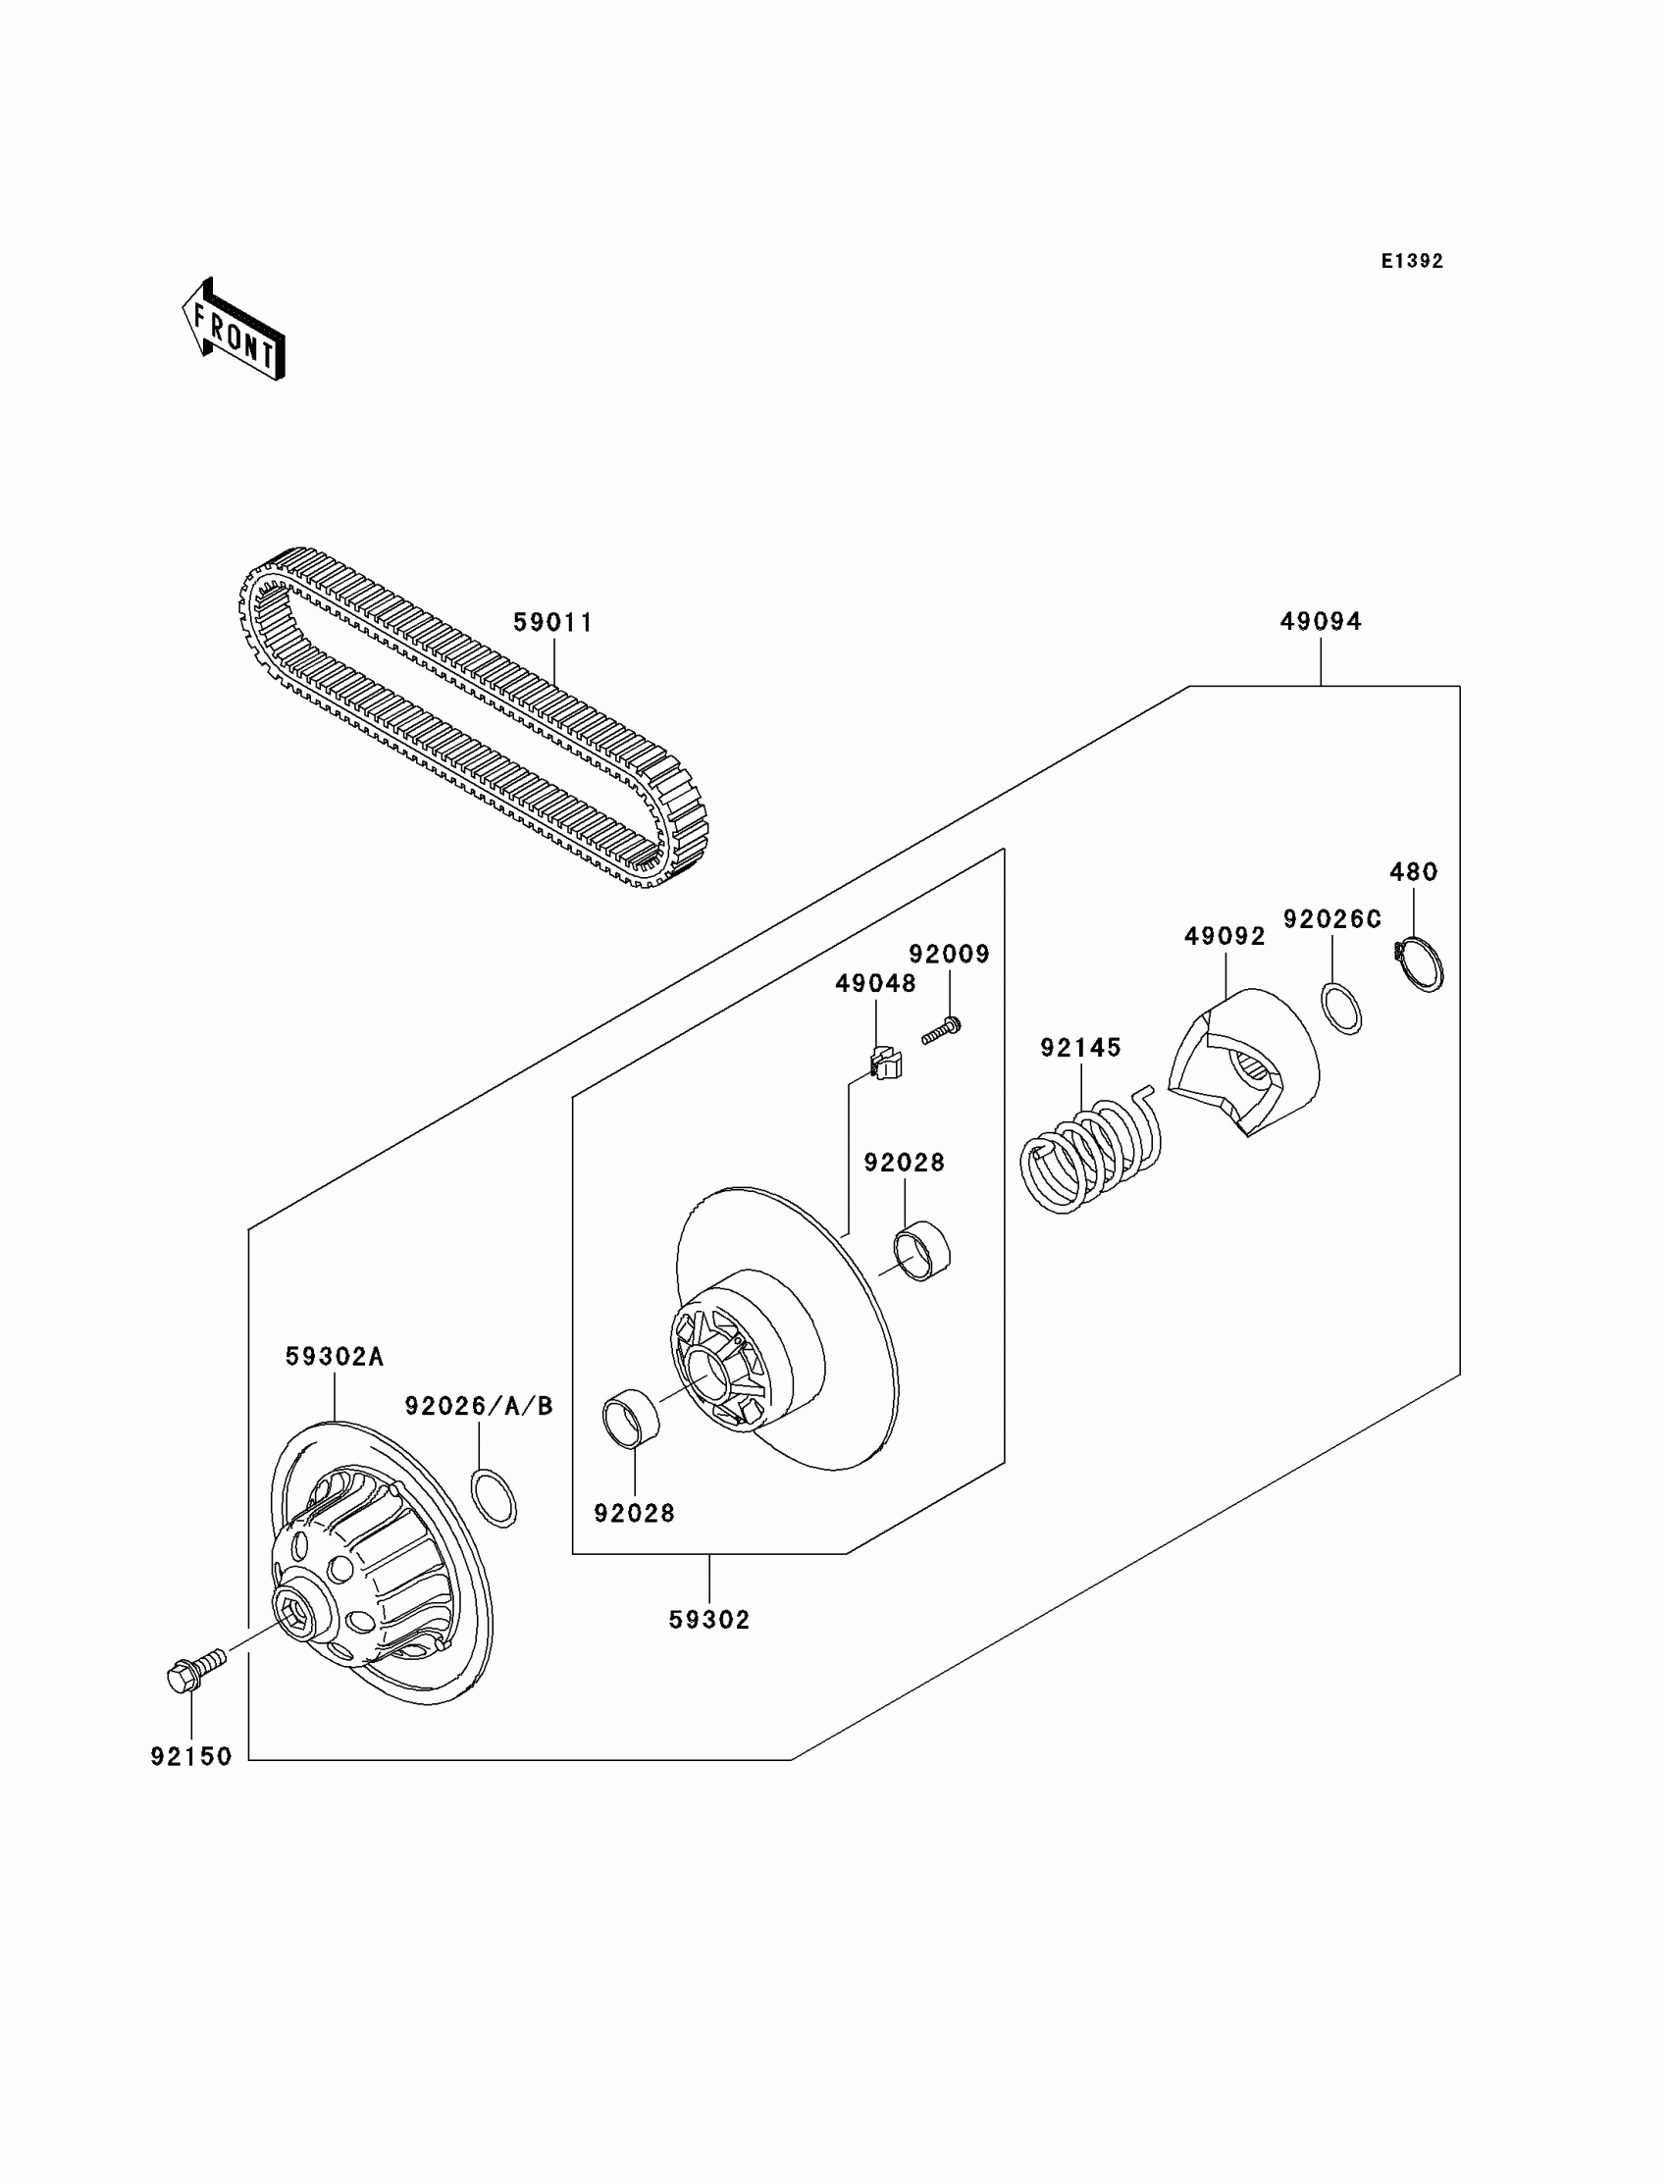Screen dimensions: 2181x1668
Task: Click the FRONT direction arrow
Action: point(235,331)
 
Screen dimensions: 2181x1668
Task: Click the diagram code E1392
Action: point(1412,261)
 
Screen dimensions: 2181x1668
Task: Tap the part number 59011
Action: point(553,622)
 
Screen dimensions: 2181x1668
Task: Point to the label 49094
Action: point(1321,621)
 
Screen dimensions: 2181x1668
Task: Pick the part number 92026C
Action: point(1332,920)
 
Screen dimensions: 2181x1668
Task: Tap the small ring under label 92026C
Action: point(1341,1009)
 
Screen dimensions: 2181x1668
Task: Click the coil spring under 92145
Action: point(1090,1151)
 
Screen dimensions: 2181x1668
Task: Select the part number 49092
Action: point(1225,936)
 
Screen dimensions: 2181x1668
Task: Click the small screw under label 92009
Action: point(940,1030)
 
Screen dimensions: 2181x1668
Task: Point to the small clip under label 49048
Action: point(885,1065)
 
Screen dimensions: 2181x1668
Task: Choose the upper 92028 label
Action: point(904,1163)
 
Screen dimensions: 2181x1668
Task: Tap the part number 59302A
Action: point(334,1356)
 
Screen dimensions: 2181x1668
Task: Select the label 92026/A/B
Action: point(479,1406)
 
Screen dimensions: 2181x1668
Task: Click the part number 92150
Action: point(190,1756)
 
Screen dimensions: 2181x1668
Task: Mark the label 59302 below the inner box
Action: point(708,1619)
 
